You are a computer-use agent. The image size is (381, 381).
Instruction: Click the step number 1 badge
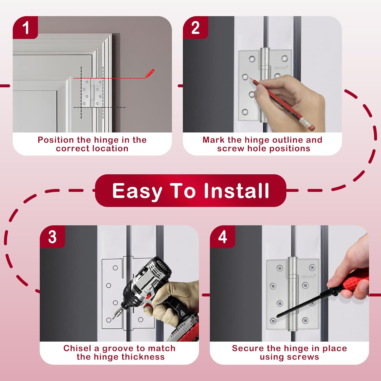click(x=25, y=28)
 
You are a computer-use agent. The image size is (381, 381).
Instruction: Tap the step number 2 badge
click(x=195, y=28)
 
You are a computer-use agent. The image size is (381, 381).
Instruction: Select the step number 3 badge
click(x=52, y=237)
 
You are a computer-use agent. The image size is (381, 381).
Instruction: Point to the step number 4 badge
click(x=223, y=237)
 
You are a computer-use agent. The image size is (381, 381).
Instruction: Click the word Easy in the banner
click(x=137, y=192)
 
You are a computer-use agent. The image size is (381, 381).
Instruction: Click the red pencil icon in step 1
click(x=150, y=73)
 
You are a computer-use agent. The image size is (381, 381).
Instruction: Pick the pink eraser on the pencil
click(x=311, y=126)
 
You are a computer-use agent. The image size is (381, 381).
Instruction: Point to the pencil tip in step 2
click(x=250, y=78)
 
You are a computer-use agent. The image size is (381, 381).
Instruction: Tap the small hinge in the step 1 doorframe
click(x=92, y=93)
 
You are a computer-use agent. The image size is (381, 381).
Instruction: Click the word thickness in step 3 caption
click(x=144, y=357)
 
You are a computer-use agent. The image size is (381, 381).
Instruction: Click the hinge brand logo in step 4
click(x=308, y=277)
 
